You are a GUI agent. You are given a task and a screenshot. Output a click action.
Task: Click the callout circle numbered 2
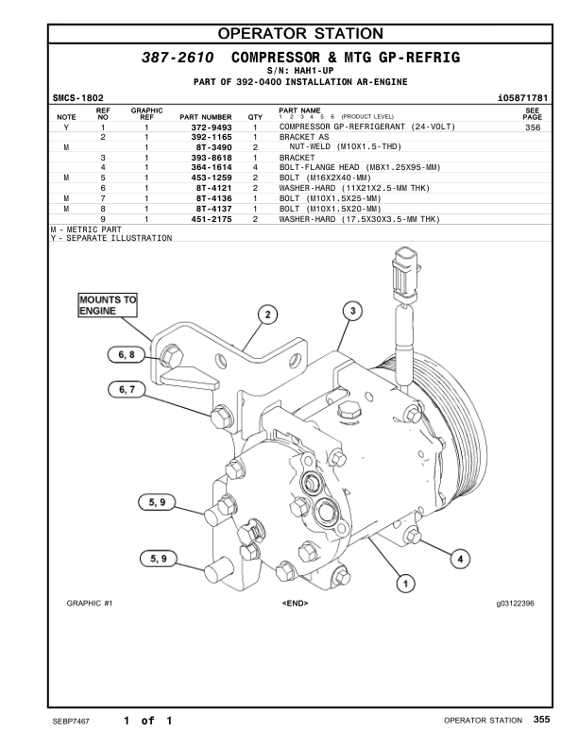[x=267, y=314]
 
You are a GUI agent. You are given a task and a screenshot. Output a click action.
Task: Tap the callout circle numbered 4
[x=460, y=558]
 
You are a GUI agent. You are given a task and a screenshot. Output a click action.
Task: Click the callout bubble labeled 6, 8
[x=127, y=354]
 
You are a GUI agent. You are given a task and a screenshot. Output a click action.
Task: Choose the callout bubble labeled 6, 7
[x=127, y=388]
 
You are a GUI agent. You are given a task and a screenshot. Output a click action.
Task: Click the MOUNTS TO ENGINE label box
[x=108, y=305]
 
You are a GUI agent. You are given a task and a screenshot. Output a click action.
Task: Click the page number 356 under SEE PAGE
[x=532, y=127]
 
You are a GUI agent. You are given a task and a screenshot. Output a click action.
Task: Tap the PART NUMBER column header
[x=205, y=117]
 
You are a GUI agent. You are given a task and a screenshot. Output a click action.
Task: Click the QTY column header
[x=255, y=117]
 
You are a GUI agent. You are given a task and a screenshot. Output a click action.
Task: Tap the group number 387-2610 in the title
[x=177, y=58]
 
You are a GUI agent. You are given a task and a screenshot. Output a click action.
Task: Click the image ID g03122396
[x=514, y=603]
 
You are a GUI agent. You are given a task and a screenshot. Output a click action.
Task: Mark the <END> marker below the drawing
[x=295, y=603]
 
